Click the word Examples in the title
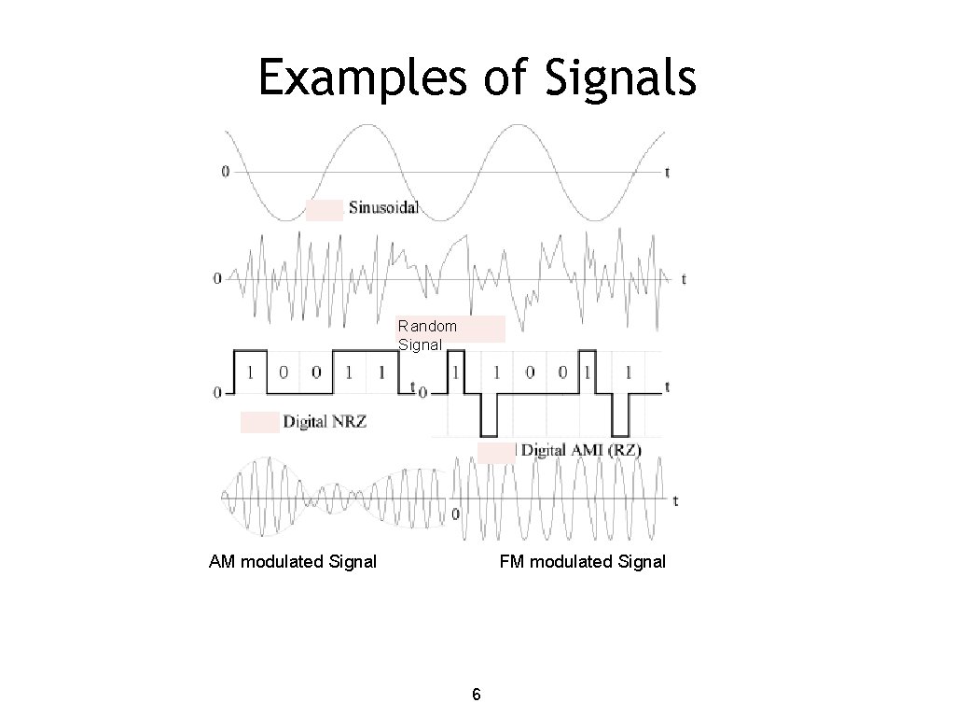pyautogui.click(x=362, y=78)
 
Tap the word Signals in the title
pyautogui.click(x=616, y=78)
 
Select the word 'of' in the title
pyautogui.click(x=505, y=78)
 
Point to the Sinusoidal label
pyautogui.click(x=383, y=207)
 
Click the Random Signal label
pyautogui.click(x=427, y=335)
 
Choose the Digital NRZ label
pyautogui.click(x=325, y=422)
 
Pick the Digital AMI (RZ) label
pyautogui.click(x=580, y=450)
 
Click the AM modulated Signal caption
pyautogui.click(x=293, y=561)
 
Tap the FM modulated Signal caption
pyautogui.click(x=583, y=561)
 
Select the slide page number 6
pyautogui.click(x=477, y=694)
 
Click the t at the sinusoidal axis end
pyautogui.click(x=667, y=171)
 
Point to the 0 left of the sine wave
pyautogui.click(x=225, y=171)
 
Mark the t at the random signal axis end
pyautogui.click(x=684, y=278)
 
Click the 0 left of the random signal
pyautogui.click(x=217, y=278)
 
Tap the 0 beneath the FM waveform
pyautogui.click(x=456, y=513)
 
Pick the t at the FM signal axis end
pyautogui.click(x=675, y=500)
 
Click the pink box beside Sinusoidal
pyautogui.click(x=325, y=210)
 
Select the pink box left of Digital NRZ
pyautogui.click(x=259, y=422)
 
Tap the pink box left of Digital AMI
pyautogui.click(x=496, y=453)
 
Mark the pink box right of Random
pyautogui.click(x=482, y=329)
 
